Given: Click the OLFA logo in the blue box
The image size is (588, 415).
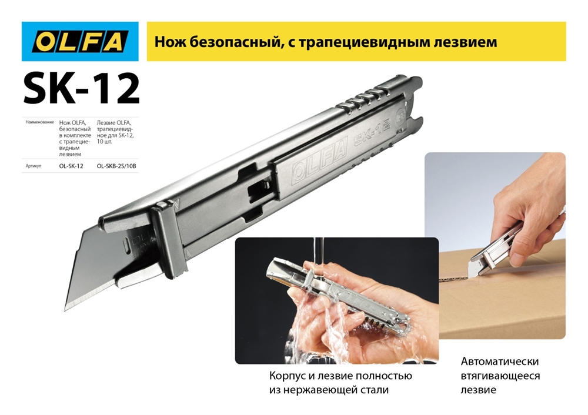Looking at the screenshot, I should pos(80,41).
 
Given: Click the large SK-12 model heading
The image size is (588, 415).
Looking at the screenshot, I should pos(81,89).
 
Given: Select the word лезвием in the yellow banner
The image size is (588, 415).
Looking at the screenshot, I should pos(465,42).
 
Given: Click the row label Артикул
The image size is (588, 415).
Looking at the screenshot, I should pos(33,166).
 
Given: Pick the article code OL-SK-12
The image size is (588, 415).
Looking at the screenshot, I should pos(71,166).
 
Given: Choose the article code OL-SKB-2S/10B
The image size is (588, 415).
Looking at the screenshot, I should pos(116,166).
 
